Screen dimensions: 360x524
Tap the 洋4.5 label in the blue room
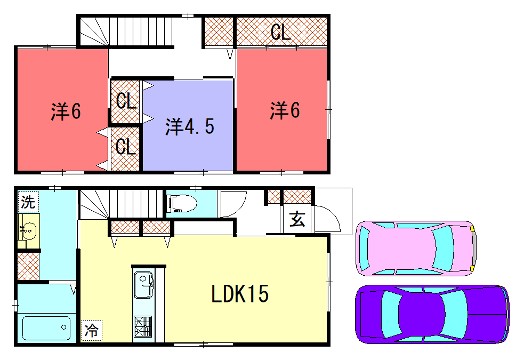pyautogui.click(x=188, y=126)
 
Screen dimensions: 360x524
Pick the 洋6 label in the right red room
pyautogui.click(x=283, y=110)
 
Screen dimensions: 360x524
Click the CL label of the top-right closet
pyautogui.click(x=280, y=32)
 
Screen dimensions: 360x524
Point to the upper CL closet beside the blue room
pyautogui.click(x=125, y=101)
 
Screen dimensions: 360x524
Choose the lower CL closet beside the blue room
pyautogui.click(x=125, y=146)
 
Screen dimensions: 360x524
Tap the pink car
pyautogui.click(x=415, y=246)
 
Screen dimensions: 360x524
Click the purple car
pyautogui.click(x=430, y=314)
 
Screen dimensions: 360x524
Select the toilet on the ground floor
pyautogui.click(x=183, y=205)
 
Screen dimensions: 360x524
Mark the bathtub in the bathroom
pyautogui.click(x=46, y=328)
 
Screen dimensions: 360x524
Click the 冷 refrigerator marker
pyautogui.click(x=92, y=328)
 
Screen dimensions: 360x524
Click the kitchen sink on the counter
pyautogui.click(x=141, y=284)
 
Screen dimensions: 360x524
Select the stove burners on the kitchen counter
pyautogui.click(x=141, y=325)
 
